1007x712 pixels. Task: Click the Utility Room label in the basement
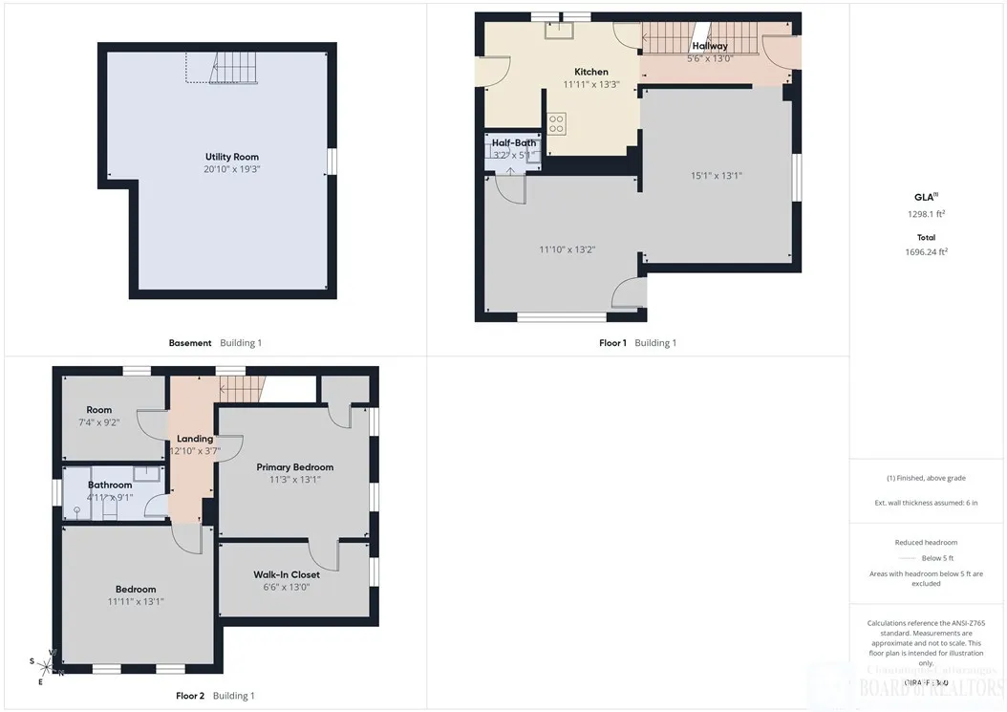[231, 157]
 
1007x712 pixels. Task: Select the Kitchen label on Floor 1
[590, 72]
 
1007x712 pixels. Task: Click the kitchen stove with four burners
[556, 123]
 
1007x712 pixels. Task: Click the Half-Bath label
[514, 142]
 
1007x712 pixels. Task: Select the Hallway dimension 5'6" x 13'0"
[710, 58]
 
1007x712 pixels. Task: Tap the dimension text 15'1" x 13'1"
[717, 175]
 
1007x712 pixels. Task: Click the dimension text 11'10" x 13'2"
[568, 249]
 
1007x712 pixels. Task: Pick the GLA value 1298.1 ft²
[926, 214]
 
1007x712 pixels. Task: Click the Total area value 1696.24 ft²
[926, 252]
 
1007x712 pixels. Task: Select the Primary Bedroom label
[294, 467]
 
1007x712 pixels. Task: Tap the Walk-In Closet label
[287, 574]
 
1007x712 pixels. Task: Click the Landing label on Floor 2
[195, 439]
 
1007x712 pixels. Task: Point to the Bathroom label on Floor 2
[111, 485]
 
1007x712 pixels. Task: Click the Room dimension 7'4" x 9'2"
[98, 422]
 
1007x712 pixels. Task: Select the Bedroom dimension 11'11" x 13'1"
[136, 602]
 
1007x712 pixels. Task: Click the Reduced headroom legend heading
[926, 542]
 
